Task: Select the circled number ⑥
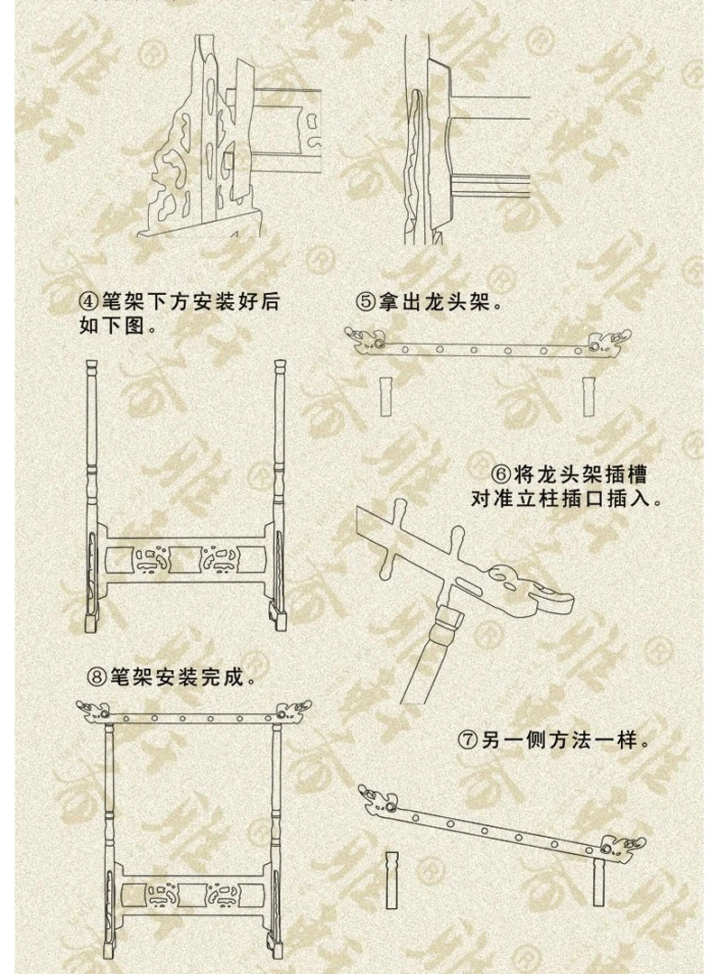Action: tap(501, 474)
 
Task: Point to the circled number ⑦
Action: tap(467, 742)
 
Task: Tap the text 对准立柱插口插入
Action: tap(560, 498)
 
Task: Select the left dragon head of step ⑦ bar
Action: tap(372, 793)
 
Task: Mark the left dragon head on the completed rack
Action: tap(90, 712)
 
